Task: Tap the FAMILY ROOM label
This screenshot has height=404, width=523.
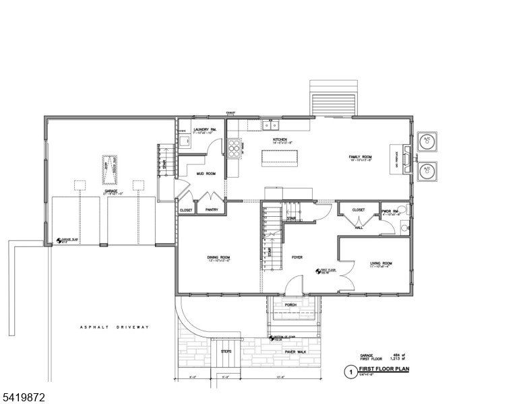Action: (361, 157)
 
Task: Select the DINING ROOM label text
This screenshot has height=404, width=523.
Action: (218, 257)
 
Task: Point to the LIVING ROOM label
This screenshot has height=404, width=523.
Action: (381, 263)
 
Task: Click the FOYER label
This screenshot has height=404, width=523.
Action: (297, 257)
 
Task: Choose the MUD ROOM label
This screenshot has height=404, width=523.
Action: (206, 173)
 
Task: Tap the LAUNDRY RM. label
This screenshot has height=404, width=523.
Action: (204, 129)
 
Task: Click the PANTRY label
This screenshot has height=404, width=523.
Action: (211, 210)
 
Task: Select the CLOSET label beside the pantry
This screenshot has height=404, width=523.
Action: (186, 210)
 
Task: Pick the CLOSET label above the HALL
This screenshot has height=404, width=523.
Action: (359, 210)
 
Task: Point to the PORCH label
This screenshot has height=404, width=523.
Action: (290, 304)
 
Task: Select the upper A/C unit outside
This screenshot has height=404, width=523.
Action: (426, 141)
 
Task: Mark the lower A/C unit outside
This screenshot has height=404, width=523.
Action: (426, 172)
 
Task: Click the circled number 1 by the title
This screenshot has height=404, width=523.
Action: (350, 371)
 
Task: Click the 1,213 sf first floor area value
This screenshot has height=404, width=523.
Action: (396, 358)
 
